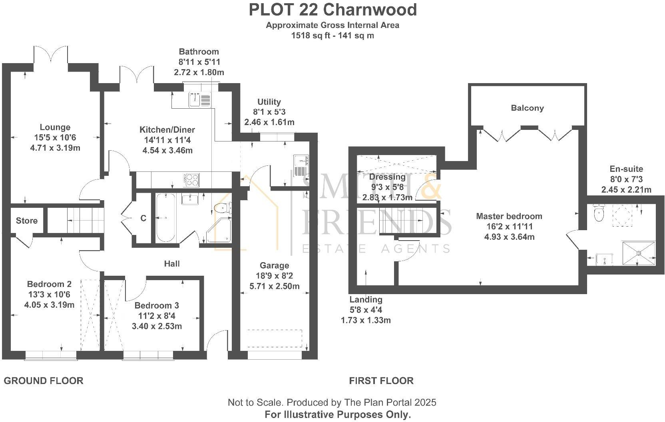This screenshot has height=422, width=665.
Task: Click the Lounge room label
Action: pos(55,127)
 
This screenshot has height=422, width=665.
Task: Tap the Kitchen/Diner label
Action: pos(167,130)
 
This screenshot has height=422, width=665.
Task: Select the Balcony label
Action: pos(527,108)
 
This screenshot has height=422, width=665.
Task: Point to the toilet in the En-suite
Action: pos(599,214)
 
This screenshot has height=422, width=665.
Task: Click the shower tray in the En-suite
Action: pos(638,253)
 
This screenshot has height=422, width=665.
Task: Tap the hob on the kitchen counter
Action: pos(191,179)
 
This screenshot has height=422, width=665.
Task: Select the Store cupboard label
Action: pos(27,221)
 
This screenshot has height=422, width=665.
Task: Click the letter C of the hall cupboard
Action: pos(143,218)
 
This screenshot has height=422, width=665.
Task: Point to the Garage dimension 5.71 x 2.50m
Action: pos(274,286)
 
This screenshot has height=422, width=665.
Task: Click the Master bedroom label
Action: pos(509,216)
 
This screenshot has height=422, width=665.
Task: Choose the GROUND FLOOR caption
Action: pos(44,381)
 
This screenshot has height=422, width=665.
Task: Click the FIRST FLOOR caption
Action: pos(381,381)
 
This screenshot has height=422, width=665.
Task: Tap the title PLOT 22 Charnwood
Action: pos(332,10)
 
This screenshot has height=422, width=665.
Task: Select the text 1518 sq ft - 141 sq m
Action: pos(332,36)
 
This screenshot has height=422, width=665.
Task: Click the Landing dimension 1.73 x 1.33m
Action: pos(366,320)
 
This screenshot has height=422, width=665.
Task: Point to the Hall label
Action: pos(172,264)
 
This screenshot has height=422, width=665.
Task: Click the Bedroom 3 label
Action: pos(157,306)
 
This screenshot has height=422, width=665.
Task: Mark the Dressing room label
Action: pos(387,177)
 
